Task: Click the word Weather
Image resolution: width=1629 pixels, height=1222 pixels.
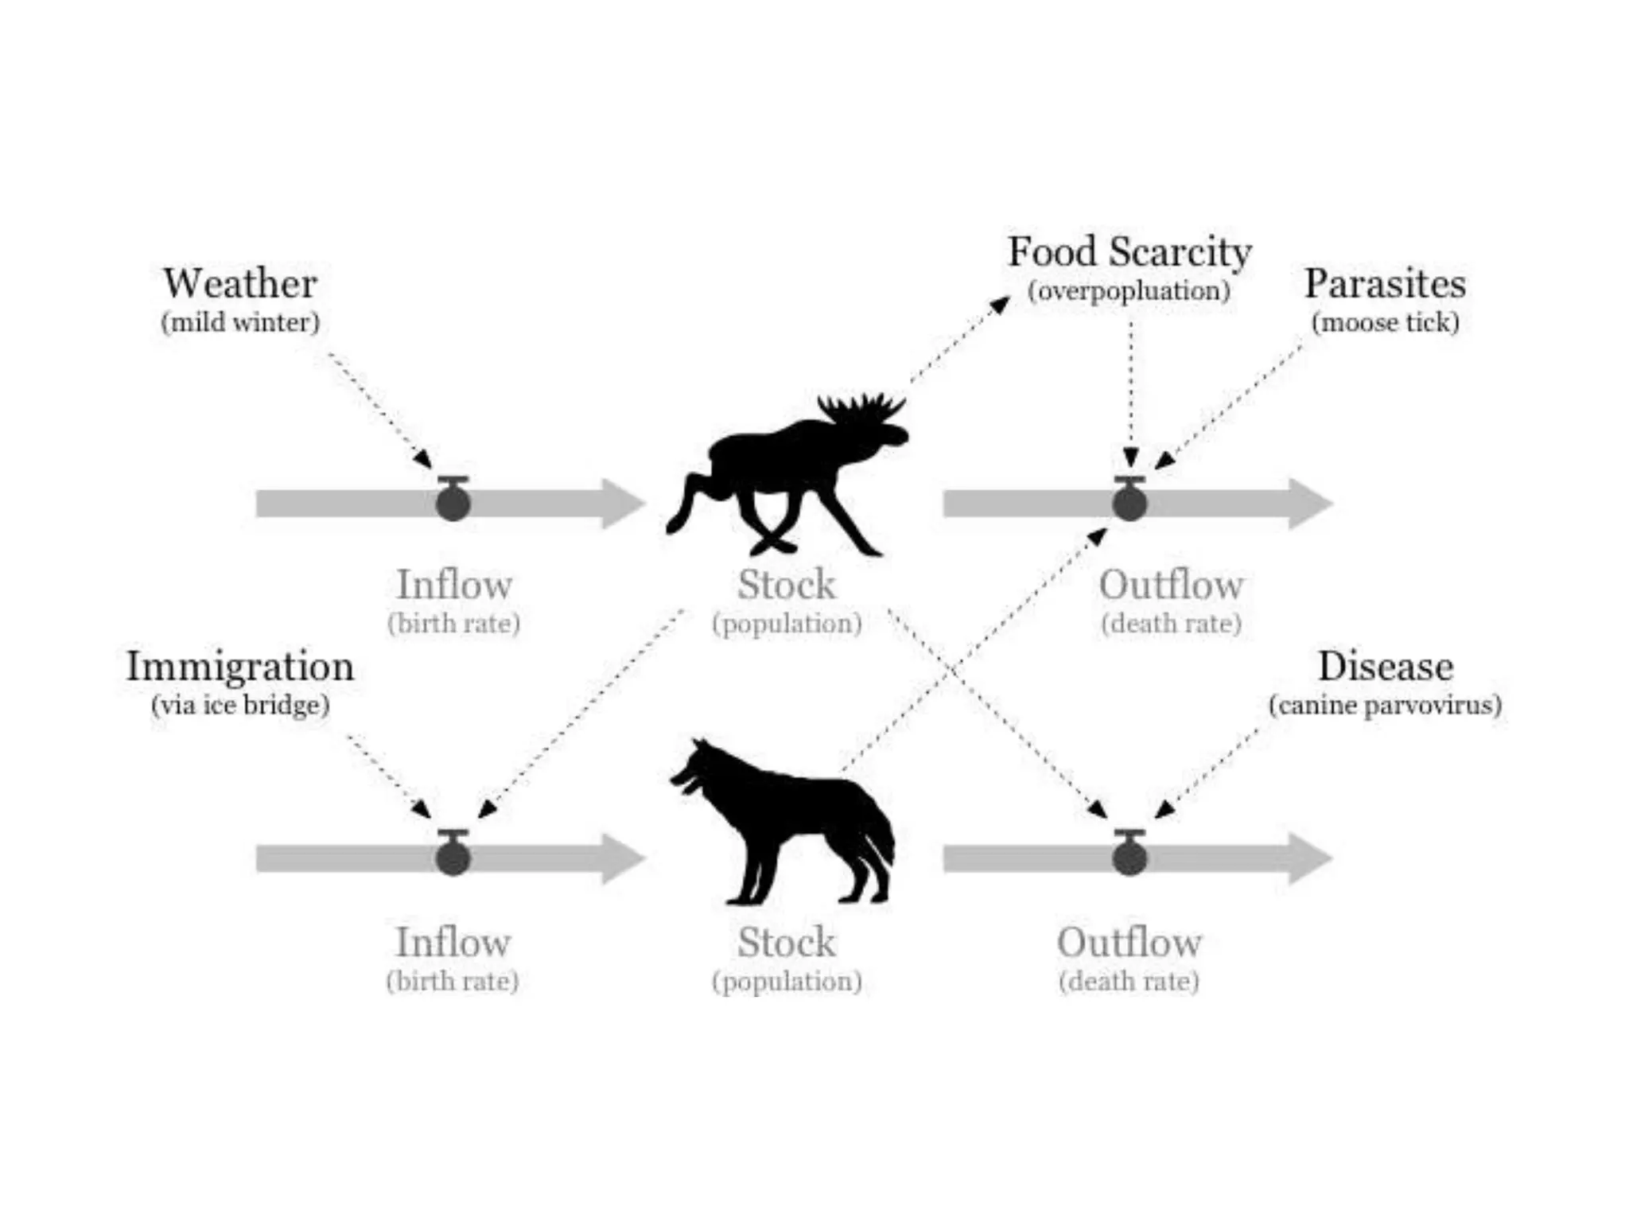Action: click(x=240, y=284)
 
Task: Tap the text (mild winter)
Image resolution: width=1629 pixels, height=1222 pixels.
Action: click(x=240, y=322)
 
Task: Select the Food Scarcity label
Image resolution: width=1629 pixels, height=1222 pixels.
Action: click(x=1129, y=252)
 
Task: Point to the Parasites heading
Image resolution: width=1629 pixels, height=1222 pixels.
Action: click(x=1385, y=284)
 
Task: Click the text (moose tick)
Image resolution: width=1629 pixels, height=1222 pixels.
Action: click(x=1385, y=322)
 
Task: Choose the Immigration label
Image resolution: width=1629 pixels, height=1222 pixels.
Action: click(x=240, y=667)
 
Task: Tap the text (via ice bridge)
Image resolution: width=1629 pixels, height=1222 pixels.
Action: click(x=240, y=705)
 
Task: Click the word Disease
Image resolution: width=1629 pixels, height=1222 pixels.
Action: click(x=1385, y=667)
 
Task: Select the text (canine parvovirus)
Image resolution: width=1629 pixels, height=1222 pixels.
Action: click(x=1385, y=705)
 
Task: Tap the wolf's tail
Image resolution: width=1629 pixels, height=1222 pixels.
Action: click(x=875, y=835)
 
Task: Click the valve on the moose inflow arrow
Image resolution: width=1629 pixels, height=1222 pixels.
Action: click(x=453, y=501)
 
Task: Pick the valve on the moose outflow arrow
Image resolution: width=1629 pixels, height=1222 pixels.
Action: click(x=1129, y=501)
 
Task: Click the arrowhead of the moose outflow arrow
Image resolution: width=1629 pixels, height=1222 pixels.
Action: click(x=1308, y=504)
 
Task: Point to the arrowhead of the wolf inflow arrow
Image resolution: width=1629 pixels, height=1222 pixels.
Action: click(x=622, y=858)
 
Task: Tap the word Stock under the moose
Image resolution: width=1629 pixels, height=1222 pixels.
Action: click(x=787, y=586)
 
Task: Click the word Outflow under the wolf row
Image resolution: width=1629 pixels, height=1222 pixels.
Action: click(x=1129, y=944)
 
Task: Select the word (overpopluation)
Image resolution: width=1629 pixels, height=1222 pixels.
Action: click(x=1129, y=291)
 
